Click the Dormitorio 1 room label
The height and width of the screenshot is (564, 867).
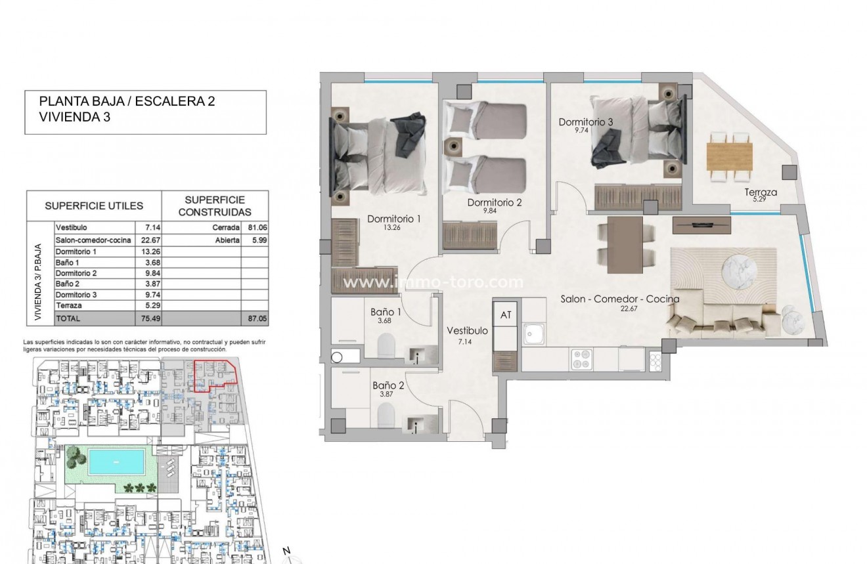click(393, 219)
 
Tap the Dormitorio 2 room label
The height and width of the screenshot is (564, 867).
click(494, 202)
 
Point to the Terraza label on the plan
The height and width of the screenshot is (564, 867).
click(761, 192)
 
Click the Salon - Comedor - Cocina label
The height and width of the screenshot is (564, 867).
click(619, 299)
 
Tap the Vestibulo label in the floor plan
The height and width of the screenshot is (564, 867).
click(467, 331)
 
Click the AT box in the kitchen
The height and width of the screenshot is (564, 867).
click(506, 315)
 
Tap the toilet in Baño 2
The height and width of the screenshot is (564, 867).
click(386, 415)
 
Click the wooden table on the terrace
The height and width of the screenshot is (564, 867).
click(729, 156)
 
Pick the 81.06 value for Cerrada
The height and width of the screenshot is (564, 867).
click(256, 227)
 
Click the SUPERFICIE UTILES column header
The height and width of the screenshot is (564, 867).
click(93, 206)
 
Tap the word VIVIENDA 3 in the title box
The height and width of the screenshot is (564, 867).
click(75, 118)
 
